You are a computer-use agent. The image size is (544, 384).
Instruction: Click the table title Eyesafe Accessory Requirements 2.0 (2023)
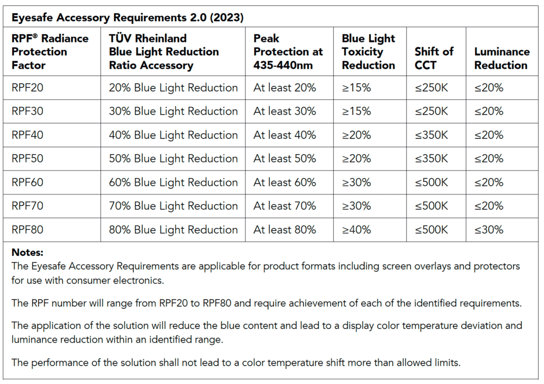click(x=127, y=18)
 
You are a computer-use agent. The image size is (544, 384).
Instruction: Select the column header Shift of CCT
click(x=434, y=58)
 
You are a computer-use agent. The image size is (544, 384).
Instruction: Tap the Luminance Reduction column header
click(x=501, y=58)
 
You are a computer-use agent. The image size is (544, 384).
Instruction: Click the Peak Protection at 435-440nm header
click(x=288, y=52)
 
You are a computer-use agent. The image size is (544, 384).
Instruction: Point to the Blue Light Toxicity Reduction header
click(x=368, y=52)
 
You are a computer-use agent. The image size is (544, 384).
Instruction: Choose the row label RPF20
click(x=28, y=88)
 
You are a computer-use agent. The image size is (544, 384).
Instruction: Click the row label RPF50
click(x=28, y=159)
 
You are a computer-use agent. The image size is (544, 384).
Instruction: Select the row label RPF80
click(x=28, y=230)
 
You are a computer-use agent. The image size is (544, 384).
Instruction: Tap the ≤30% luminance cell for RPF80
click(x=489, y=230)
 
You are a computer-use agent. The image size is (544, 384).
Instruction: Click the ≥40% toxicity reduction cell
click(x=356, y=230)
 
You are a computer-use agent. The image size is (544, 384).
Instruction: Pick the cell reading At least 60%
click(x=285, y=183)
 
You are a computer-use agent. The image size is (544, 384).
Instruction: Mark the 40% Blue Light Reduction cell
click(x=173, y=135)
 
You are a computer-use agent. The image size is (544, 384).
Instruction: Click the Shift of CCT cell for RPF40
click(x=431, y=135)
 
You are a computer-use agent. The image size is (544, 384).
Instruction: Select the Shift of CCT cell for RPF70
click(x=431, y=206)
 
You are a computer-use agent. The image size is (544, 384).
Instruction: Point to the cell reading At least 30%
click(x=285, y=112)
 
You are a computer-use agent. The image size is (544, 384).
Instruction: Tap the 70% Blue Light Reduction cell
click(x=173, y=206)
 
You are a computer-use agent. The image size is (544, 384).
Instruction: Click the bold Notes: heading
click(x=28, y=253)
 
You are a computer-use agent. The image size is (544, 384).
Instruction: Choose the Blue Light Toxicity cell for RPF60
click(x=356, y=183)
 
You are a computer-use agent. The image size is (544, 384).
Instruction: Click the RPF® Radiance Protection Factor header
click(x=50, y=52)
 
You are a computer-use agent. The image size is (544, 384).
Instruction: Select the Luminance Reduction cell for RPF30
click(x=489, y=112)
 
